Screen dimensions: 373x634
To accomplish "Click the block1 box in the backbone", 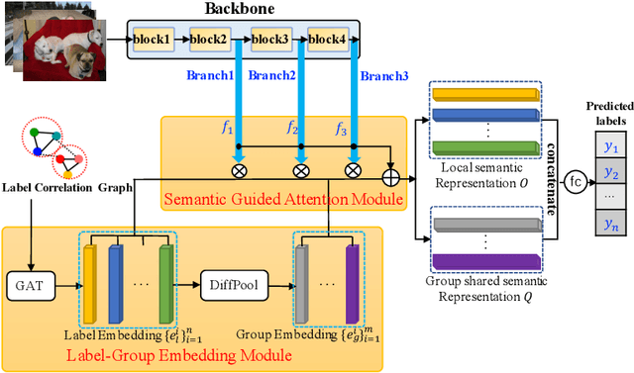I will coord(153,41).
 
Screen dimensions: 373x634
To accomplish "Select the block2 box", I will coord(209,41).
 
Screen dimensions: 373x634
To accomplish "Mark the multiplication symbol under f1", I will coord(238,169).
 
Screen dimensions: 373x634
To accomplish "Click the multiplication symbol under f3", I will coord(352,169).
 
